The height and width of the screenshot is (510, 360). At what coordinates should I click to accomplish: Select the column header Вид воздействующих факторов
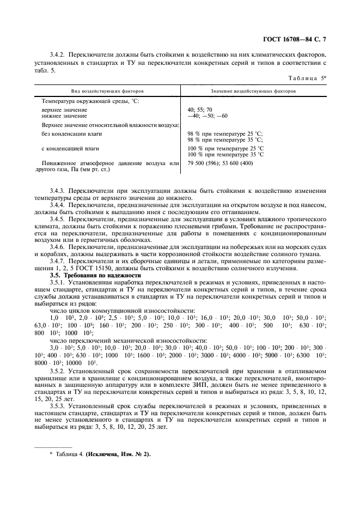[x=108, y=91]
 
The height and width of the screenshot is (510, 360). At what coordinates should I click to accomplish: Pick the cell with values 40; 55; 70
[x=200, y=110]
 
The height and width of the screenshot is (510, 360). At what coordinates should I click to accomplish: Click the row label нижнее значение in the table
[x=64, y=116]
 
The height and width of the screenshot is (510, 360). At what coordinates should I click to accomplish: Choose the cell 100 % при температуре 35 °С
[x=225, y=154]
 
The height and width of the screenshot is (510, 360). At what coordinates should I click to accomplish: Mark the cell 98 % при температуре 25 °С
[x=225, y=133]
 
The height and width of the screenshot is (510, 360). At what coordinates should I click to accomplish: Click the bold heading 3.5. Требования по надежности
[x=95, y=276]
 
